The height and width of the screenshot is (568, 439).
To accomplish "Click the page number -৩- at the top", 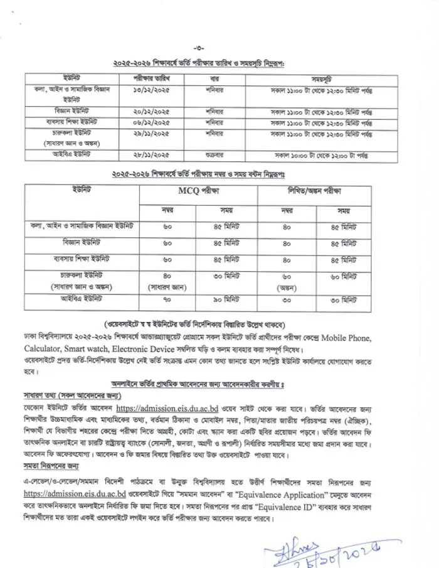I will click(199, 48).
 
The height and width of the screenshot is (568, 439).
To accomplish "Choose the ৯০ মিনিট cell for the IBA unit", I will click(225, 299).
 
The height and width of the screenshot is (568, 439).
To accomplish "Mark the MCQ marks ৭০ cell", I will click(167, 299).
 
